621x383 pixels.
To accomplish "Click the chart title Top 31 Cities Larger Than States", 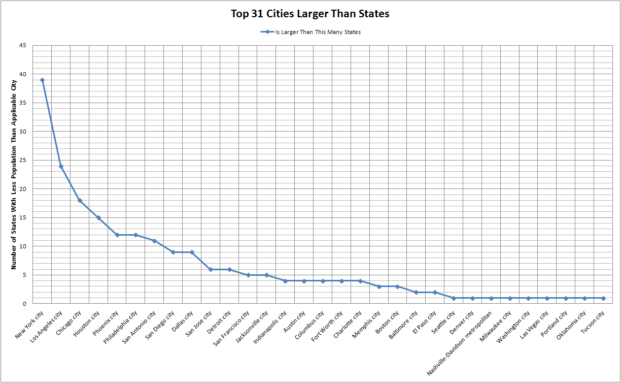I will click(310, 14).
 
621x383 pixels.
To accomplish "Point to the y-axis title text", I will click(14, 174).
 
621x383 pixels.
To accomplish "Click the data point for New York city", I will click(42, 80).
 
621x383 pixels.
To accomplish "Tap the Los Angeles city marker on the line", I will click(61, 167).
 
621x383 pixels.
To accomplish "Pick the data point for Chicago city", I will click(80, 201).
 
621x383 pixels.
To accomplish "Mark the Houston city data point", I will click(98, 218).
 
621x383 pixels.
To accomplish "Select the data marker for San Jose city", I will click(211, 269).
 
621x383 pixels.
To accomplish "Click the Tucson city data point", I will click(603, 298).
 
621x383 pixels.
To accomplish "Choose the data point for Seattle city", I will click(454, 298).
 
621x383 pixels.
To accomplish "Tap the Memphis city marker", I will click(379, 286).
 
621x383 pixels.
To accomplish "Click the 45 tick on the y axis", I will click(23, 46).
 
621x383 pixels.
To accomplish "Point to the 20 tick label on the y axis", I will click(23, 189).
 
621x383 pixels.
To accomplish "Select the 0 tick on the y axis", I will click(25, 304).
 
